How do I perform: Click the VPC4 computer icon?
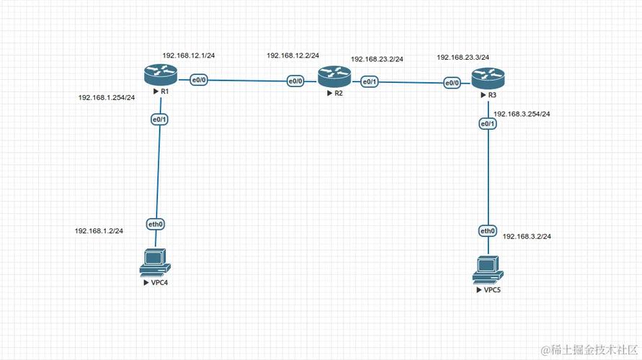tap(155, 261)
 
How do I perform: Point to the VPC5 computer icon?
tap(487, 269)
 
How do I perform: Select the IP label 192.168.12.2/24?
tap(293, 55)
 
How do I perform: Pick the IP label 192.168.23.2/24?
tap(377, 59)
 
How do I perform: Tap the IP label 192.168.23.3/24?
tap(463, 57)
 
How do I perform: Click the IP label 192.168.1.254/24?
tap(107, 97)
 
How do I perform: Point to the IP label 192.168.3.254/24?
tap(522, 114)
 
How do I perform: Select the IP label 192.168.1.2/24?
tap(99, 231)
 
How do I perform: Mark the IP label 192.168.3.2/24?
tap(527, 236)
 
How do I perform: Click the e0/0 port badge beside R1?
tap(198, 80)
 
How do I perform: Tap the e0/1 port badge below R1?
tap(159, 120)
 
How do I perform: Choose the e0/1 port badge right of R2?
tap(369, 82)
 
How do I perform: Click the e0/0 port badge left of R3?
tap(452, 84)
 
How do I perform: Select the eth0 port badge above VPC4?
tap(156, 225)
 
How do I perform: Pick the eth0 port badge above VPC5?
tap(488, 231)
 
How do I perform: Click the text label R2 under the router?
tap(338, 94)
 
